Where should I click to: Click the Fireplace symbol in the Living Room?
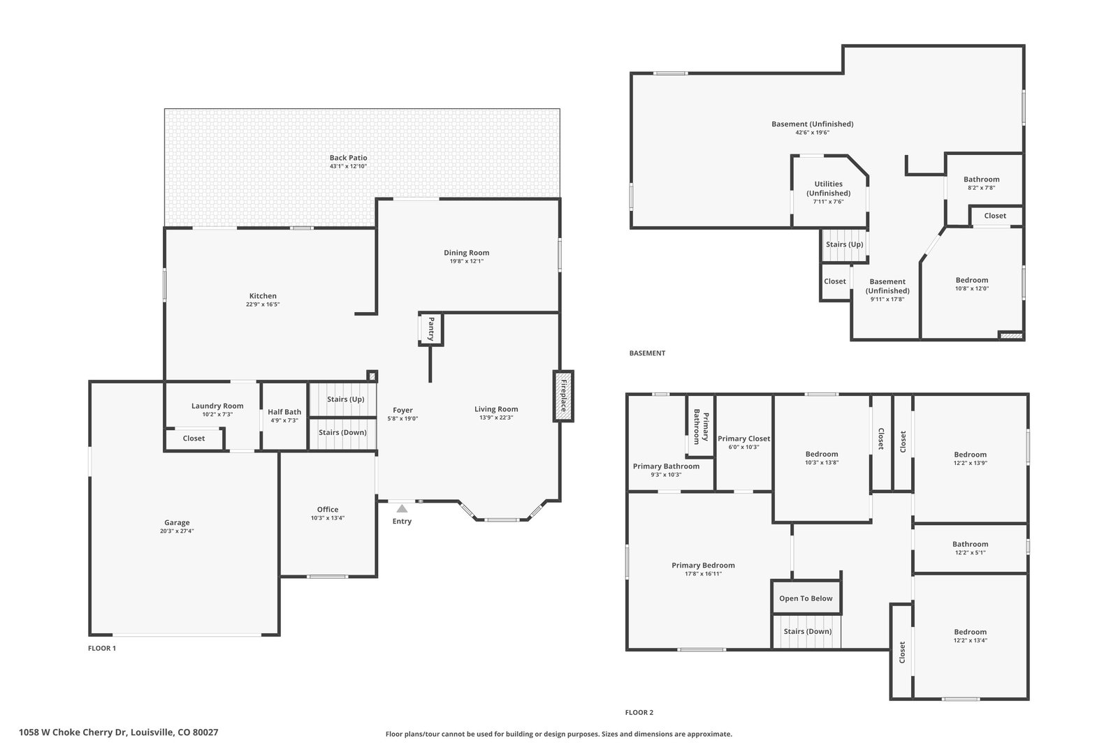pos(563,396)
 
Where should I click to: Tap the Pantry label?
pos(431,329)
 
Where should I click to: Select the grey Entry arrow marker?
pos(402,508)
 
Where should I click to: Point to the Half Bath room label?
pos(284,412)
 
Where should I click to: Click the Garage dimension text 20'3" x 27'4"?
pos(177,531)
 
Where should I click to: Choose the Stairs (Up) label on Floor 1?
pos(345,399)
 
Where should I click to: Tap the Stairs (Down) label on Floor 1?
pos(342,432)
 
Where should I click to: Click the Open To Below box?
pos(806,598)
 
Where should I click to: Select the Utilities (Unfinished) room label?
pos(829,189)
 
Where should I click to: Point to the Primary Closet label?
pos(743,438)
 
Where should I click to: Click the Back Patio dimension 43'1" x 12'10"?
pos(349,166)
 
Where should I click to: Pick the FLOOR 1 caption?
pos(102,648)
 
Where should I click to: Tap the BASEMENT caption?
pos(647,353)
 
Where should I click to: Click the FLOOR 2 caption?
pos(639,713)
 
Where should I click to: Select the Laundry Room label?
pos(217,406)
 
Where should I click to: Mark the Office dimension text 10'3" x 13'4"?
pos(328,518)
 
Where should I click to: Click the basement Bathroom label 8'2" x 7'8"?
pos(981,183)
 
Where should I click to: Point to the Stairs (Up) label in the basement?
pos(845,244)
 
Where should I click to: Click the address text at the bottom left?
pos(119,732)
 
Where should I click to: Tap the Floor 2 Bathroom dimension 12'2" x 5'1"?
pos(971,552)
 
